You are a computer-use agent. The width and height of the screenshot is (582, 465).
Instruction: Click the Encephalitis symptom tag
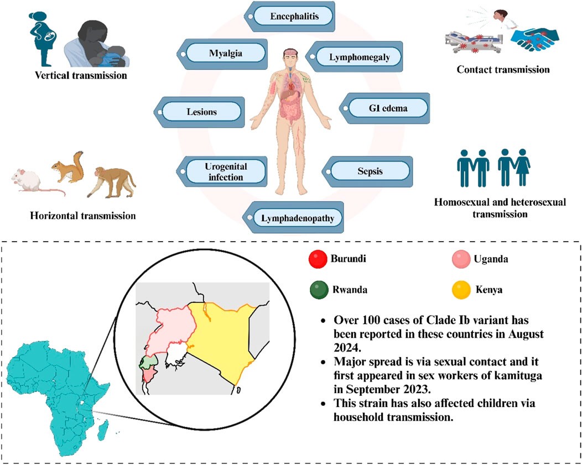(294, 16)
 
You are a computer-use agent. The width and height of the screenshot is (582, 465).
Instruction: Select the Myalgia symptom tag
(226, 54)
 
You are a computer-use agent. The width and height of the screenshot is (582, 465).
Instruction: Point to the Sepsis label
(369, 171)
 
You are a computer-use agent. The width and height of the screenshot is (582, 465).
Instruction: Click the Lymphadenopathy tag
(298, 218)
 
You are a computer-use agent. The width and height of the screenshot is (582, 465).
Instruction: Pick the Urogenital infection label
(217, 171)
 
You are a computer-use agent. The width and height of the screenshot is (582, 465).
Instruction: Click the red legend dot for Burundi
(318, 258)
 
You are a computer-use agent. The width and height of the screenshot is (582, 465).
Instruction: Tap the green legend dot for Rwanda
(318, 289)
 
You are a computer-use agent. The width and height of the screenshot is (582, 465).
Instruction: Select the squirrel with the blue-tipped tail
(69, 166)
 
